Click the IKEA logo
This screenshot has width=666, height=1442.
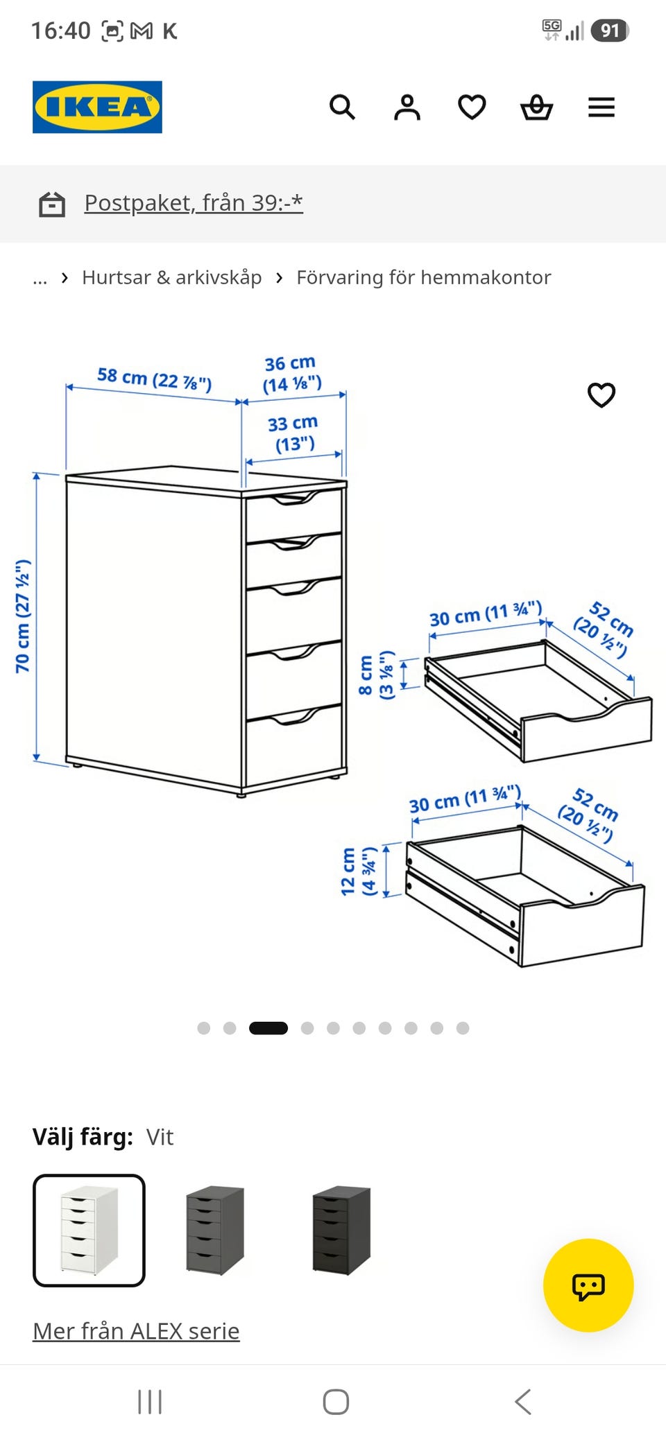click(97, 107)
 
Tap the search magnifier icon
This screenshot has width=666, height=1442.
click(342, 107)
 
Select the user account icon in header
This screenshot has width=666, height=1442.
click(407, 107)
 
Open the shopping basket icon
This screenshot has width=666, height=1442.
click(536, 107)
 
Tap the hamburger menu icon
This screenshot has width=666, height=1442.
click(601, 107)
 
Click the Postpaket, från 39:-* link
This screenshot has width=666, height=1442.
click(194, 203)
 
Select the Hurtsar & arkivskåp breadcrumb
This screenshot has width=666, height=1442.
click(171, 277)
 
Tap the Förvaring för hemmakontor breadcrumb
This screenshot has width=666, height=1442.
click(423, 277)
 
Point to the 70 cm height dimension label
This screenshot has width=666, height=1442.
click(23, 616)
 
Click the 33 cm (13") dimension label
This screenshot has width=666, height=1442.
click(293, 433)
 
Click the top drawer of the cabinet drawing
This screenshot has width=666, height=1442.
click(293, 516)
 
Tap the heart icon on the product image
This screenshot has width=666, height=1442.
click(601, 395)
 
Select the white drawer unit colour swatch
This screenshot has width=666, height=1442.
click(89, 1231)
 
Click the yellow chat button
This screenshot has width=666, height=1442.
click(588, 1285)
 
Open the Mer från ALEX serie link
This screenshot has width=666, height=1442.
click(136, 1331)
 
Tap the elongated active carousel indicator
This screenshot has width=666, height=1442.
click(268, 1028)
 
